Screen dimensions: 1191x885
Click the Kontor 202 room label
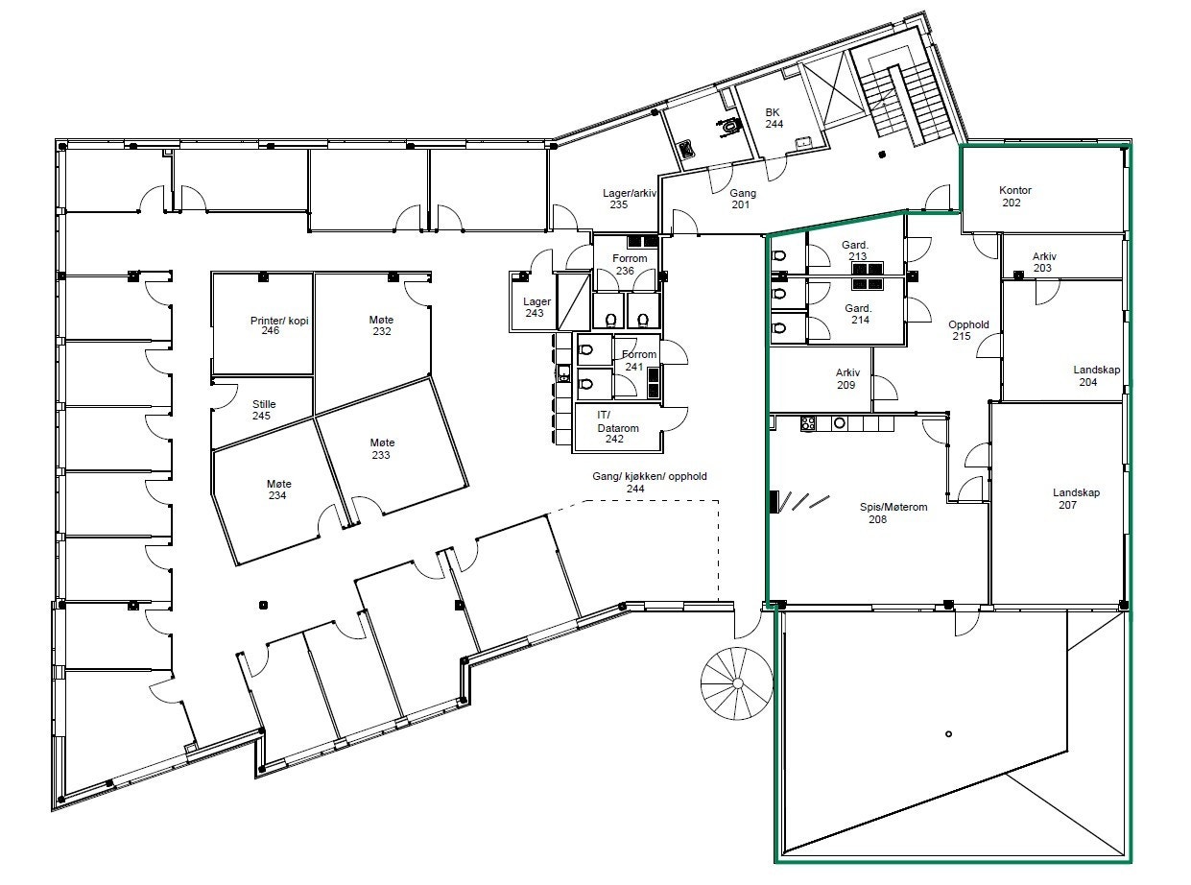pos(1014,196)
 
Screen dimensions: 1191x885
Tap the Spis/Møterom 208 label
pos(893,513)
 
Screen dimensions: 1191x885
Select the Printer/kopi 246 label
pos(279,325)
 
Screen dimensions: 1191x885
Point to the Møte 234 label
pos(278,490)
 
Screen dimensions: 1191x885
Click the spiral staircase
pos(737,682)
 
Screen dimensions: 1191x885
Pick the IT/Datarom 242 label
pos(617,427)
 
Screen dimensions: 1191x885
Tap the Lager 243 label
pos(536,307)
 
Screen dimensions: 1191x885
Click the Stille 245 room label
pos(263,410)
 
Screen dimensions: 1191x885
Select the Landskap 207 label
pos(1076,498)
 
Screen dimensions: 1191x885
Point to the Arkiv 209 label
pos(846,378)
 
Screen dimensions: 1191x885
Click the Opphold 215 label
pos(968,330)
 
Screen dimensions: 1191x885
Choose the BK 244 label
pos(774,118)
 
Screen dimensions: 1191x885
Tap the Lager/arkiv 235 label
pos(629,198)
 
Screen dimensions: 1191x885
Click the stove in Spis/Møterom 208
pos(808,423)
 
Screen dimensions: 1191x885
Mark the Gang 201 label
pos(742,198)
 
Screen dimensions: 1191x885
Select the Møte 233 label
pos(382,448)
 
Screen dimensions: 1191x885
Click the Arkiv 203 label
pos(1043,262)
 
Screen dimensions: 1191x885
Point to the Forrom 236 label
pos(630,264)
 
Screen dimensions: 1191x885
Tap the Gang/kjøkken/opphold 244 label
pos(649,482)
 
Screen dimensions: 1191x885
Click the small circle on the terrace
pos(948,733)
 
